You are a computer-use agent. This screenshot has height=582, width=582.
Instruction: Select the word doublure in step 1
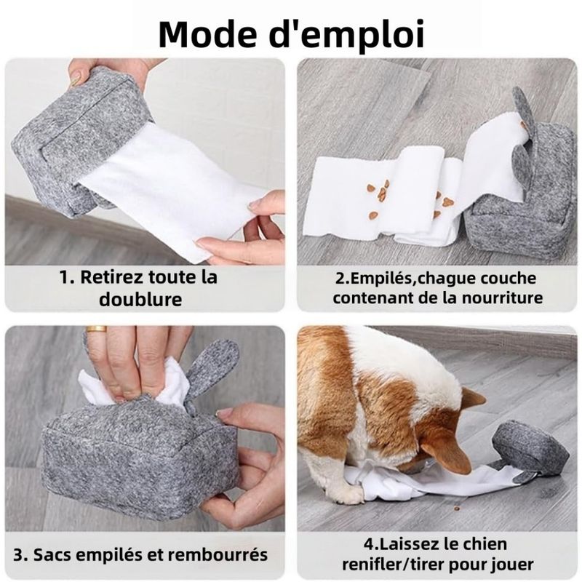[x=140, y=299]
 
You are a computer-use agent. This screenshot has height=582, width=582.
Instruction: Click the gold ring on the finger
[x=97, y=329]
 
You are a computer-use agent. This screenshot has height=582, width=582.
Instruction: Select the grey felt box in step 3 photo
[x=141, y=457]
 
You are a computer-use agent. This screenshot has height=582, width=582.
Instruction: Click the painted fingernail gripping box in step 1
[x=76, y=79]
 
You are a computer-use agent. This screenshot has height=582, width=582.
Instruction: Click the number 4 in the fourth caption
[x=369, y=544]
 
